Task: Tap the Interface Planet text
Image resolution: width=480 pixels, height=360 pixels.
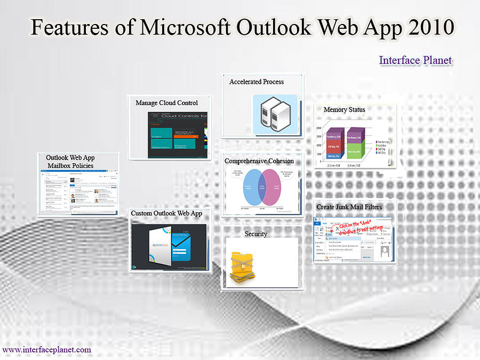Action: click(x=415, y=60)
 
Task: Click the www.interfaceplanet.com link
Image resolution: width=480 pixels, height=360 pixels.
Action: click(x=47, y=350)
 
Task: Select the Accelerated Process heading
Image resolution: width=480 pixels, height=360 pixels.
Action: click(x=257, y=82)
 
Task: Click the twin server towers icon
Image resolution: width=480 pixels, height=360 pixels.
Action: click(x=275, y=113)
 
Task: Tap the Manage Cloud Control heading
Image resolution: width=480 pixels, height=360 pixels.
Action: click(x=166, y=102)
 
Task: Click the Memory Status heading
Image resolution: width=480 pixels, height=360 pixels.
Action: click(x=344, y=109)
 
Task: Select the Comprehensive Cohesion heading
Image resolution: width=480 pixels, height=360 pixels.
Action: click(x=259, y=161)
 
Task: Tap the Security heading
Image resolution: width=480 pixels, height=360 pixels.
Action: click(x=256, y=234)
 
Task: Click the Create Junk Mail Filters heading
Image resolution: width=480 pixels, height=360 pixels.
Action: click(x=349, y=206)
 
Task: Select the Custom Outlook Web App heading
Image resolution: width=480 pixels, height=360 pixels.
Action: click(x=166, y=213)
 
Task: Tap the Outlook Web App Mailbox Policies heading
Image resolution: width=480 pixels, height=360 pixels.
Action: click(x=70, y=162)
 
